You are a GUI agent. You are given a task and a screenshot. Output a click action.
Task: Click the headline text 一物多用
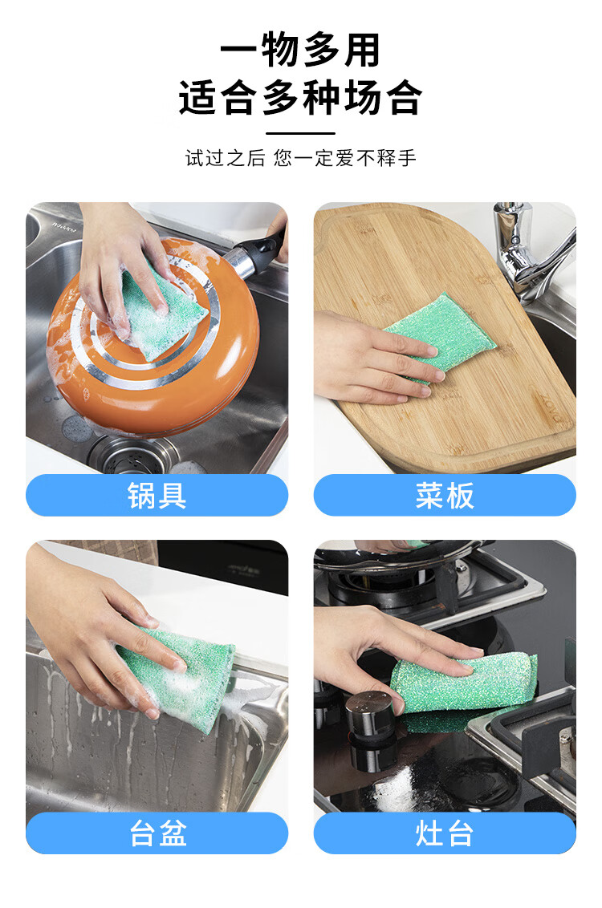point(300,51)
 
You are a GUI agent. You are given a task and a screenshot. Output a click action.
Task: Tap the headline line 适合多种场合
point(300,97)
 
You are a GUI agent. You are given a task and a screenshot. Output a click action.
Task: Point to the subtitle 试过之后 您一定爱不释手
point(301,157)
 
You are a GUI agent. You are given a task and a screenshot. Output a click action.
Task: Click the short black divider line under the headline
point(300,133)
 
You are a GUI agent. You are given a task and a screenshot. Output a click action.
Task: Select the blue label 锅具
point(157,495)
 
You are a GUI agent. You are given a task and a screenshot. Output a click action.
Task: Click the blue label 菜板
point(445,495)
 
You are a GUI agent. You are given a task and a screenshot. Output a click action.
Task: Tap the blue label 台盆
point(157,833)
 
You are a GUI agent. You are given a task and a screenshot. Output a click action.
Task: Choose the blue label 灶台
point(445,833)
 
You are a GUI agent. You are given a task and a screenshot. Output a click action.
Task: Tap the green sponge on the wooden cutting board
point(441,332)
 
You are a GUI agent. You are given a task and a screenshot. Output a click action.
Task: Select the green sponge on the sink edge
point(180,675)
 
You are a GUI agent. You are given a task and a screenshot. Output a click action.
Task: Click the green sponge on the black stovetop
point(463,689)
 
